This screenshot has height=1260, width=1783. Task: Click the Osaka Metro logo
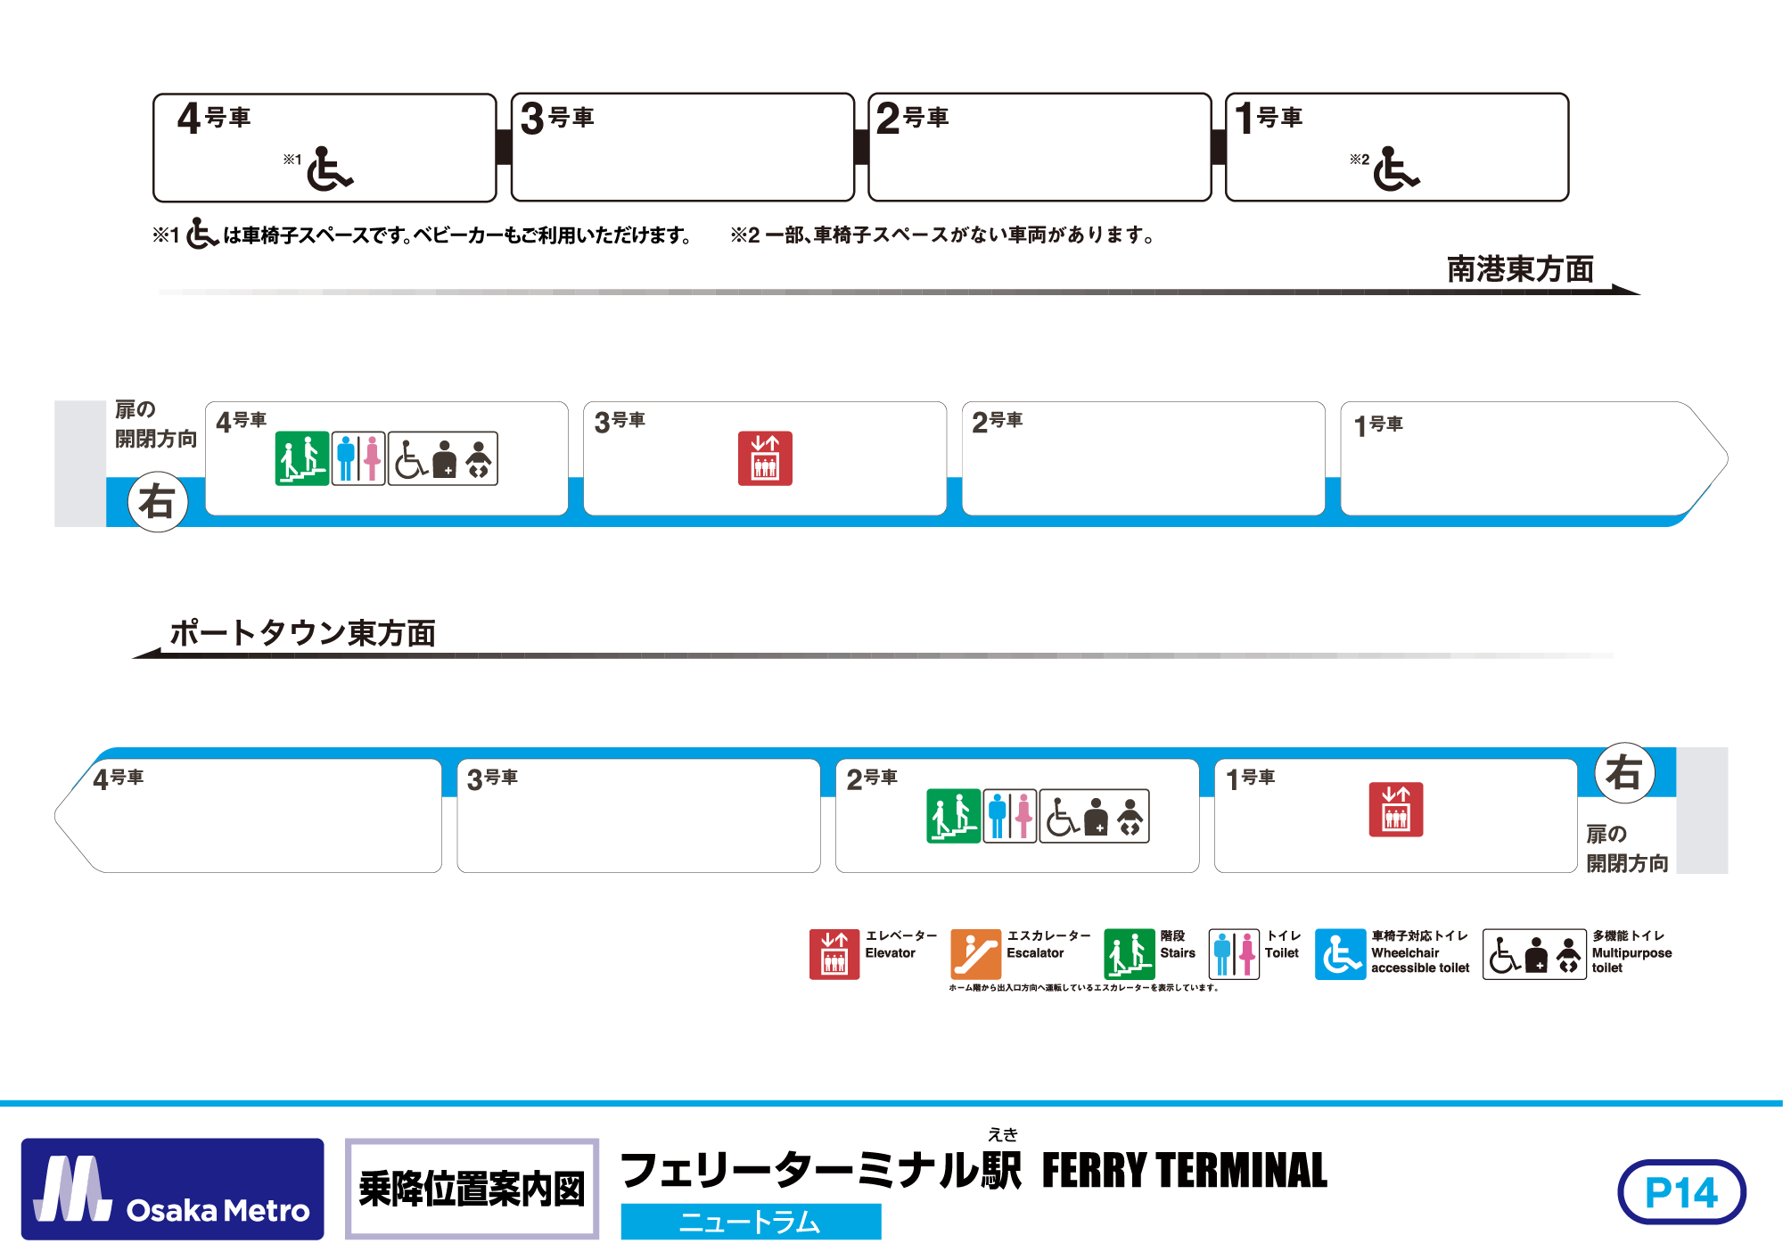tap(172, 1189)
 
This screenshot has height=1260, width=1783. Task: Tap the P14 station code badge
tap(1681, 1192)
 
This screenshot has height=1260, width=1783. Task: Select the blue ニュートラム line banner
tap(751, 1222)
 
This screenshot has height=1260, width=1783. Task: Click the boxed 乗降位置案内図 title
tap(472, 1189)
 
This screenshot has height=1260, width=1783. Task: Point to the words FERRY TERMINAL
tap(1184, 1171)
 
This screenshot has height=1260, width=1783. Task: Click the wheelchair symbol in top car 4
tap(329, 169)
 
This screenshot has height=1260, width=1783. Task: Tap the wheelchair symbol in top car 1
tap(1395, 169)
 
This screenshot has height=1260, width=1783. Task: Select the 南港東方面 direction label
tap(1520, 269)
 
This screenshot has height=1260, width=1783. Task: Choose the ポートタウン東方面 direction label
tap(302, 633)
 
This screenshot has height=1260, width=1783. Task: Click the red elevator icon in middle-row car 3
tap(765, 459)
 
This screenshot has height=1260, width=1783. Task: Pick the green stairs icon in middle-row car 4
tap(301, 459)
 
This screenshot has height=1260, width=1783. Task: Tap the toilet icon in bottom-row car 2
tap(1010, 816)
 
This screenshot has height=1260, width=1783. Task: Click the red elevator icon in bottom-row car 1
tap(1395, 810)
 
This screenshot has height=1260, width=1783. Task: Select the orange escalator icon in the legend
tap(975, 954)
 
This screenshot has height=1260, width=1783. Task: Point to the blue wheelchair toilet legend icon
tap(1340, 954)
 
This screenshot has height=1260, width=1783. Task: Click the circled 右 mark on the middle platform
tap(158, 502)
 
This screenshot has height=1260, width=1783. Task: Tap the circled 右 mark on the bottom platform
tap(1624, 772)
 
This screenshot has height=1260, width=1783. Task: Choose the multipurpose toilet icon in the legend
tap(1534, 954)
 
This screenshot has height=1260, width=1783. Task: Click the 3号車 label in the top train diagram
tap(557, 118)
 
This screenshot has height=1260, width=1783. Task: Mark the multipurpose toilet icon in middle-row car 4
tap(443, 459)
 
